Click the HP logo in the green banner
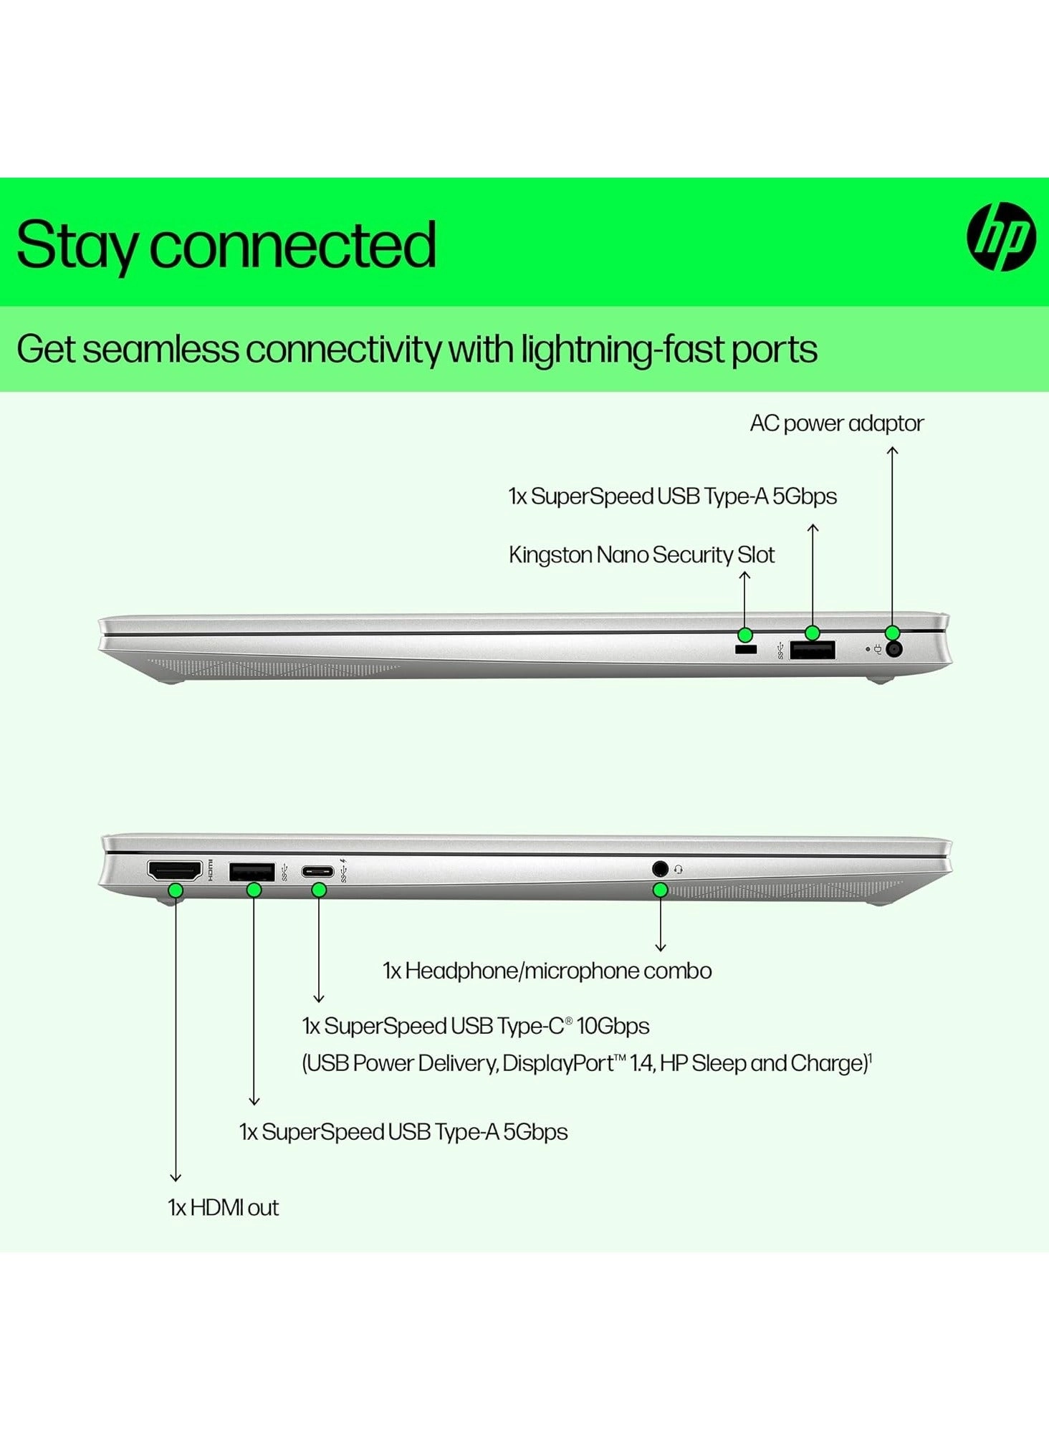coord(1001,236)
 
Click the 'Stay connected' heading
coord(226,246)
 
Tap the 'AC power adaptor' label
coord(837,423)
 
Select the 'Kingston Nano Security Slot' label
coord(641,555)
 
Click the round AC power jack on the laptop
coord(894,650)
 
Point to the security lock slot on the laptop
coord(746,650)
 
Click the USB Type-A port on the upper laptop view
coord(813,650)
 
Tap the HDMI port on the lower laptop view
coord(175,871)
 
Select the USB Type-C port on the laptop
coord(317,872)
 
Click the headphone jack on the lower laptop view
coord(661,869)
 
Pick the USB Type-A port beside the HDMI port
coord(252,872)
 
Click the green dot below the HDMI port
coord(176,891)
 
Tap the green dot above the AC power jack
coord(892,633)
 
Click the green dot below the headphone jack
coord(661,890)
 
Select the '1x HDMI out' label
coord(223,1208)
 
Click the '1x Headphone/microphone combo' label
coord(547,971)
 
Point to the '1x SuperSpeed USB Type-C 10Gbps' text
coord(476,1026)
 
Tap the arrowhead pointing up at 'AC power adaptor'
coord(892,451)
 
